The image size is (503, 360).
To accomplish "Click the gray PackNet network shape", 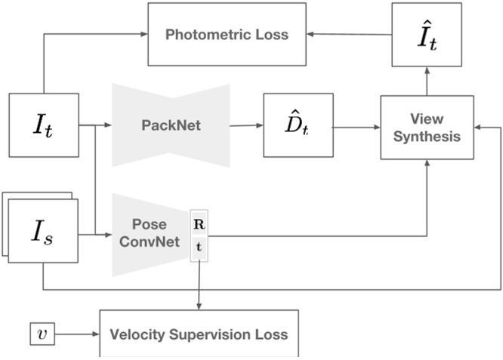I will (x=171, y=125).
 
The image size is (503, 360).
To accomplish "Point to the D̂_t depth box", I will (x=298, y=125).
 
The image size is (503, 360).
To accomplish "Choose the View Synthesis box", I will (x=428, y=127).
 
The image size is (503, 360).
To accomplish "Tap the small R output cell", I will (x=198, y=224).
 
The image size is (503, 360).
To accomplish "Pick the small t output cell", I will (x=198, y=247).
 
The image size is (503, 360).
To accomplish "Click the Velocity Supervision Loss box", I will (x=199, y=334).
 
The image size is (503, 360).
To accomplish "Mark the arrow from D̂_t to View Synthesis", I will (x=356, y=126).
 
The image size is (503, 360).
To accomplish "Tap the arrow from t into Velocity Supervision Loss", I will (x=199, y=283).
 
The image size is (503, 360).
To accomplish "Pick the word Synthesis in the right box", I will (x=428, y=137).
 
